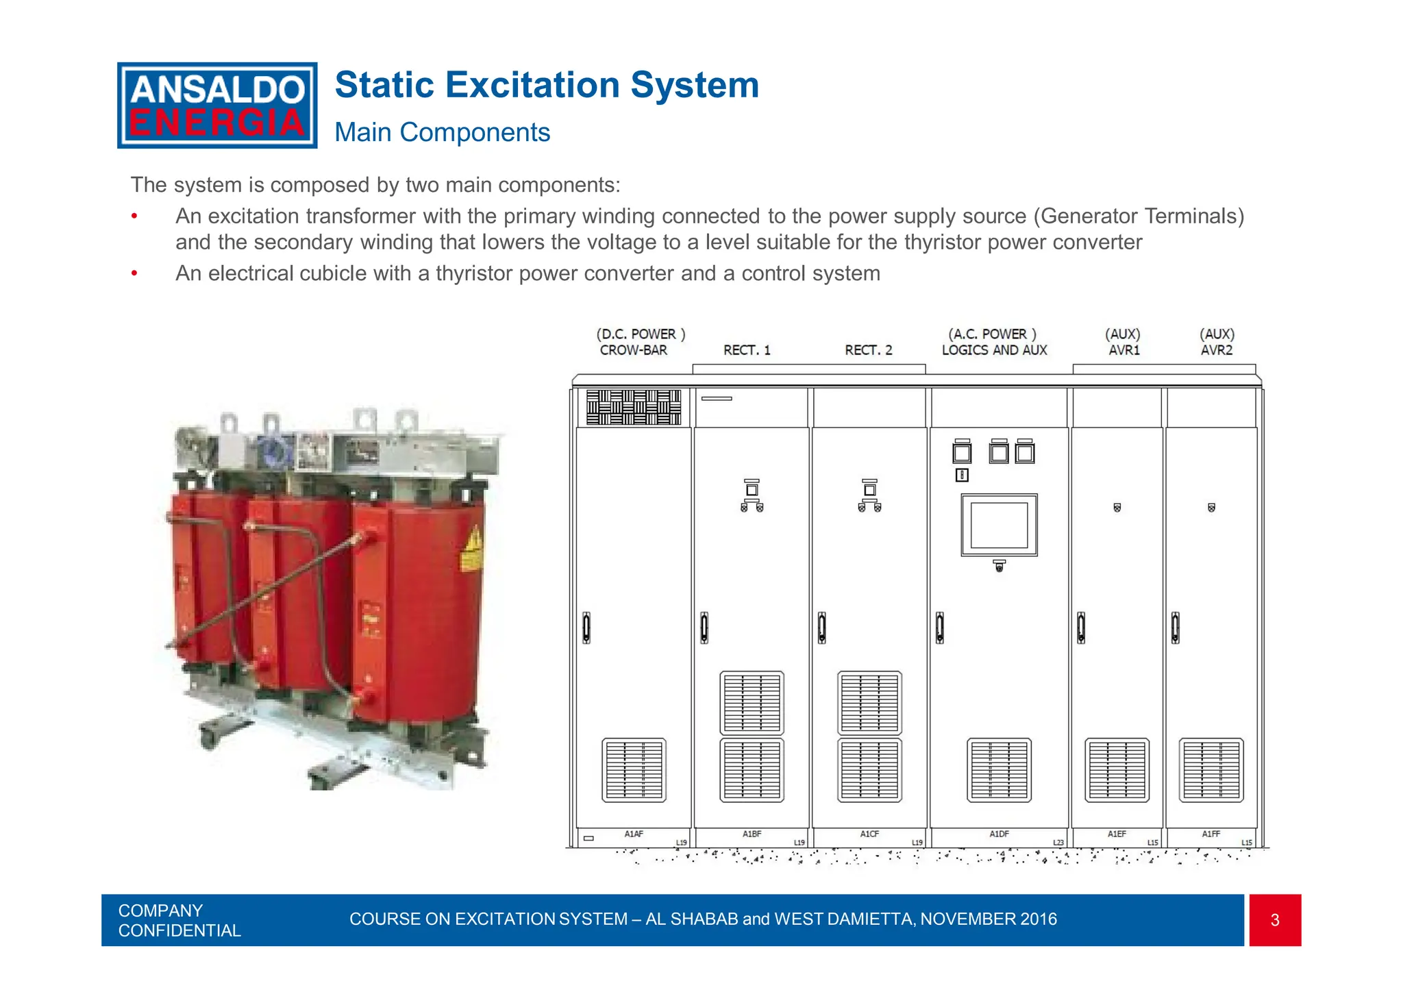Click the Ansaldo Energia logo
[x=217, y=106]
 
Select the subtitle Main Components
[x=442, y=132]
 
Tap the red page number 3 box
[x=1274, y=920]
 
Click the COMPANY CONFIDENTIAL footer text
[x=179, y=920]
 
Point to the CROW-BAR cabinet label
[x=633, y=350]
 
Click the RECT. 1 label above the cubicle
[x=747, y=350]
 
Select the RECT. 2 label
[x=868, y=350]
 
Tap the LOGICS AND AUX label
[x=994, y=350]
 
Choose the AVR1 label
[x=1124, y=350]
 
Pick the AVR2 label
[x=1217, y=350]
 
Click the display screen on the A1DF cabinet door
[x=999, y=525]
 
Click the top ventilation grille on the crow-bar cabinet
[x=634, y=407]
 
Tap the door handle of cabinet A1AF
[x=586, y=628]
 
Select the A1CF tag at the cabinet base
[x=869, y=834]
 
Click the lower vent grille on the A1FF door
[x=1211, y=770]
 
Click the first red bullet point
[x=135, y=217]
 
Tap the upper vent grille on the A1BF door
[x=752, y=703]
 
